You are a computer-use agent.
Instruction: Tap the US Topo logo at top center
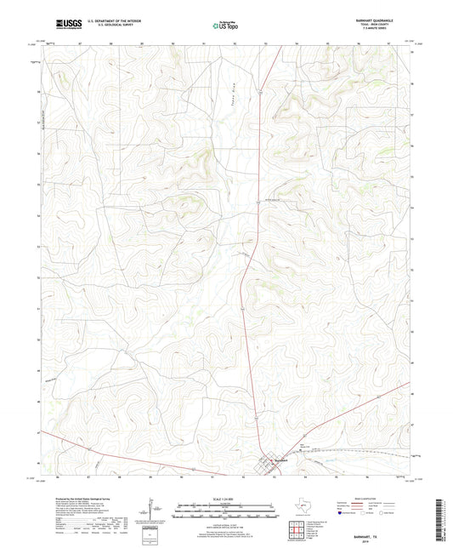point(225,26)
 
